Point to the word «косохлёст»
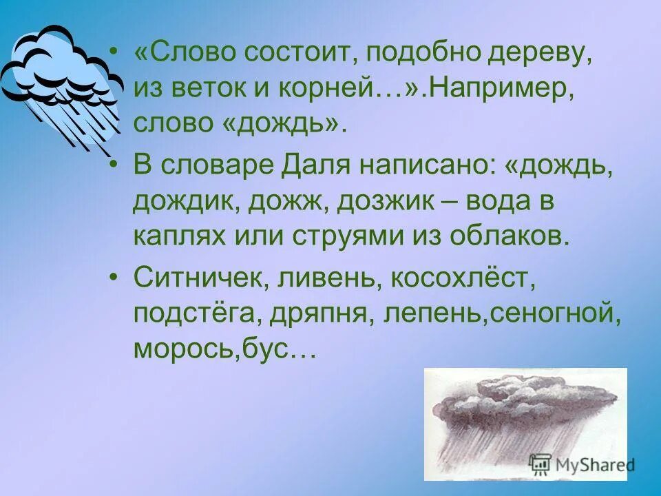461,280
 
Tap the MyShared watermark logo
582,464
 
